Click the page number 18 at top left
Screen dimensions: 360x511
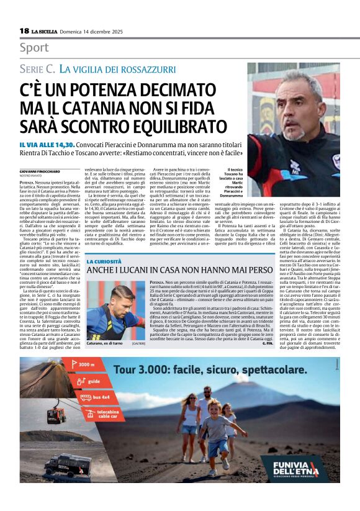[x=24, y=30]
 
